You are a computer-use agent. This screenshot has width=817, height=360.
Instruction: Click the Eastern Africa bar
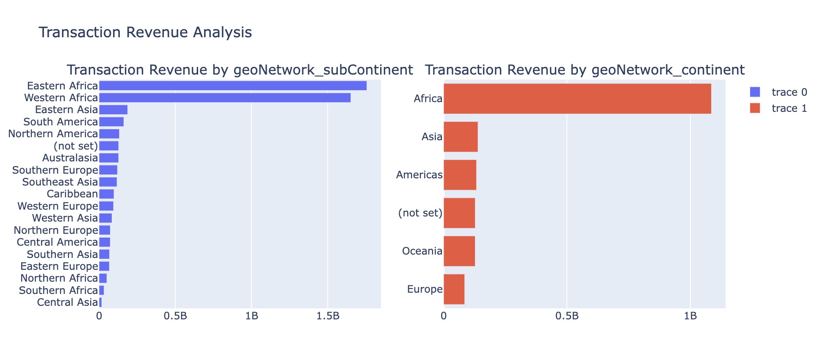(x=233, y=86)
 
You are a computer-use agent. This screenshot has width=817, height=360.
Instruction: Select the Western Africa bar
(x=225, y=98)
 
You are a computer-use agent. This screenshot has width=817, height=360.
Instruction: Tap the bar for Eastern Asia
(x=113, y=110)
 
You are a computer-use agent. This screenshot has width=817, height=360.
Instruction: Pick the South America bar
(x=111, y=122)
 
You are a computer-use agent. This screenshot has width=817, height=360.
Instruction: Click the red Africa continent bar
(x=577, y=99)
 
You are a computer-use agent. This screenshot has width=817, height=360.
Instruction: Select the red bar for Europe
(x=454, y=289)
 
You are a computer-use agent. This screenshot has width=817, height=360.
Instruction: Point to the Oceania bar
(x=459, y=251)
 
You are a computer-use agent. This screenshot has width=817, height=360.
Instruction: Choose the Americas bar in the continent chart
(x=460, y=175)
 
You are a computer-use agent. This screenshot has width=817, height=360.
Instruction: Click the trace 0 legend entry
(x=778, y=92)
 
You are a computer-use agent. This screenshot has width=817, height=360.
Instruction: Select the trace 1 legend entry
(x=778, y=108)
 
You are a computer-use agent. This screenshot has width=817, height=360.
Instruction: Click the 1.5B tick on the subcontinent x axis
(x=328, y=316)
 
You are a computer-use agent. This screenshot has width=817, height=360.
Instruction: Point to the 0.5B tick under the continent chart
(x=567, y=316)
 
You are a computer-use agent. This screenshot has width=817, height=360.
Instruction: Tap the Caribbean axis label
(x=72, y=194)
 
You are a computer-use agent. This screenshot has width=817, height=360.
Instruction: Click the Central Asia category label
(x=67, y=302)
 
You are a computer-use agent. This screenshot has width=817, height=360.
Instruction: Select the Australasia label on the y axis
(x=70, y=158)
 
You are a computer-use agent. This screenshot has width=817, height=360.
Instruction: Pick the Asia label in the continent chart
(x=432, y=137)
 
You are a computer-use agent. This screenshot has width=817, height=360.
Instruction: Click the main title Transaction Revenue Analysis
(x=145, y=32)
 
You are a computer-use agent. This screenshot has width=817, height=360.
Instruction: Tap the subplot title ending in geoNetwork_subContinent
(x=240, y=70)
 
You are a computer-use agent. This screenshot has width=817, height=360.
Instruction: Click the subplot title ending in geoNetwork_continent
(x=585, y=70)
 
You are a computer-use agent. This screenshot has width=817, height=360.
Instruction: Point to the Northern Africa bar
(x=103, y=278)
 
